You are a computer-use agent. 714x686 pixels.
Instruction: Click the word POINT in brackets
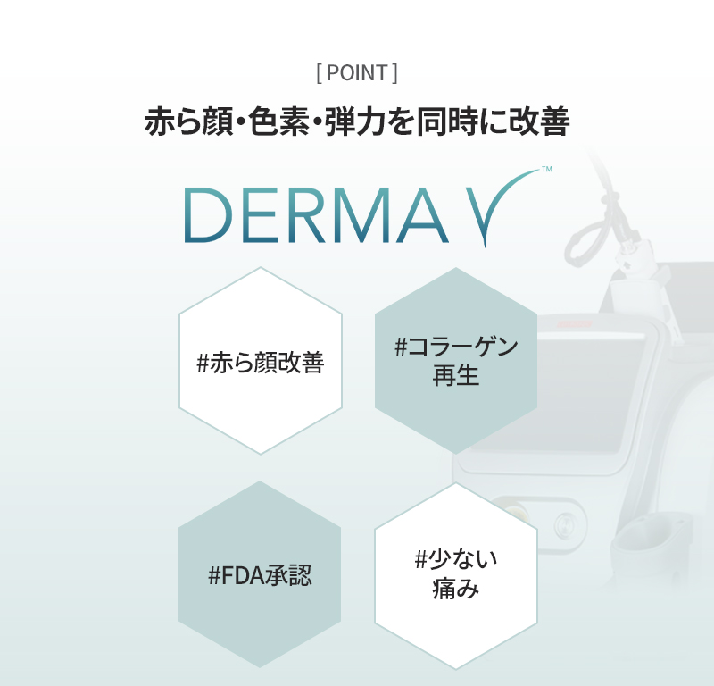tap(357, 73)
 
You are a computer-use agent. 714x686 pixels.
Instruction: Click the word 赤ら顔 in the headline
tap(189, 121)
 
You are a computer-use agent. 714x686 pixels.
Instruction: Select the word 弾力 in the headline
tap(354, 121)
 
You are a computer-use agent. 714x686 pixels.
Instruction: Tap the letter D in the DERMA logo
tap(208, 214)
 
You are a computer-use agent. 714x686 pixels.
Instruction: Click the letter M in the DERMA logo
tap(358, 214)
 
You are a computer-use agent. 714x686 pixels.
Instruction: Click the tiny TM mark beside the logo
tap(547, 169)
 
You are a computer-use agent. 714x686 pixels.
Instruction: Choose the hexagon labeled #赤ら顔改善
tap(261, 361)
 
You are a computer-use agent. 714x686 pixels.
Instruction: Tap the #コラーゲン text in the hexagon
tap(456, 347)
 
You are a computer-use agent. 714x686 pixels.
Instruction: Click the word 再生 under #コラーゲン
tap(456, 375)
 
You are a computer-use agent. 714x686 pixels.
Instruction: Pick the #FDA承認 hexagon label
tap(260, 574)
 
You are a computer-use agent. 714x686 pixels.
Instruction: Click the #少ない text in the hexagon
tap(456, 559)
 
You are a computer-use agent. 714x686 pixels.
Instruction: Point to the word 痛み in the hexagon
tap(456, 588)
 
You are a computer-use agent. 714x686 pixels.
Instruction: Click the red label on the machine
tap(575, 324)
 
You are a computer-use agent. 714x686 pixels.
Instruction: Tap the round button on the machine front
tap(565, 523)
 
